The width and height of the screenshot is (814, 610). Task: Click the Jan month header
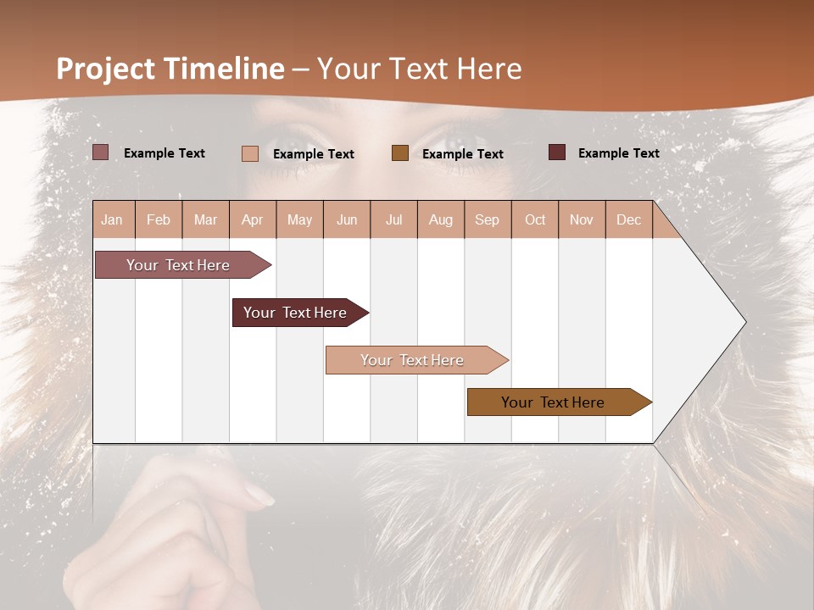point(112,219)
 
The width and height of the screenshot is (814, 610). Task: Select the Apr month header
point(252,219)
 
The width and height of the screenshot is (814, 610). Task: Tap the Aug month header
point(440,219)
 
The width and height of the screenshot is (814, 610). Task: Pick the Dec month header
point(628,219)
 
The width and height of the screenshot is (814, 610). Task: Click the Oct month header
point(535,219)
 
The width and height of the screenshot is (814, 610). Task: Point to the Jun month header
point(347,219)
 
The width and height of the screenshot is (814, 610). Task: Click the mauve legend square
point(100,152)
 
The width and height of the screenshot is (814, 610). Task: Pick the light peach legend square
point(249,153)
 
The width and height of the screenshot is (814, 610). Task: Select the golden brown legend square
point(399,153)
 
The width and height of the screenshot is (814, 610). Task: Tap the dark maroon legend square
point(556,152)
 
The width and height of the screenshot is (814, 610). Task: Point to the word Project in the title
point(107,69)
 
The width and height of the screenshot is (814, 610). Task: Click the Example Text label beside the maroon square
point(618,152)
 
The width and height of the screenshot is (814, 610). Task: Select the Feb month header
point(159,219)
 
